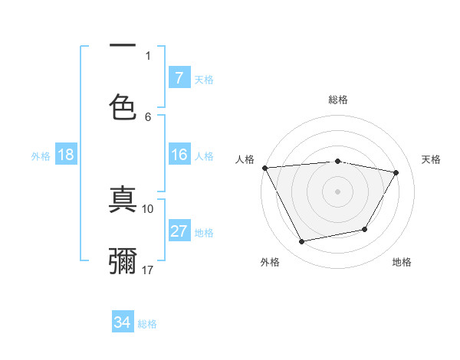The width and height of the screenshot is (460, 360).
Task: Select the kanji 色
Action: pos(123,106)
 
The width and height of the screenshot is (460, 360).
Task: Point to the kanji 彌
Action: pos(123,261)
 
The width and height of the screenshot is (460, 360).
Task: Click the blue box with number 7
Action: pos(179,78)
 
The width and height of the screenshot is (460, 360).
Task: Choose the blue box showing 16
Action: pos(179,155)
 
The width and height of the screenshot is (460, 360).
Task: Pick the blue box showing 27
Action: pos(179,231)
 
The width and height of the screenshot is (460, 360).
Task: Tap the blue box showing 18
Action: pos(66,155)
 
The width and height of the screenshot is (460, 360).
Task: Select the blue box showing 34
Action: pos(123,323)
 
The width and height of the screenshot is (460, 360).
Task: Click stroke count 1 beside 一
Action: pos(148,55)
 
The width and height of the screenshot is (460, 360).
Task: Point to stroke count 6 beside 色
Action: pos(148,116)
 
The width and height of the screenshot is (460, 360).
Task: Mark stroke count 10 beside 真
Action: pos(148,208)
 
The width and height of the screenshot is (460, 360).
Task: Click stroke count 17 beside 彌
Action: pos(148,270)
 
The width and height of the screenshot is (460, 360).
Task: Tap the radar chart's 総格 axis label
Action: pos(338,100)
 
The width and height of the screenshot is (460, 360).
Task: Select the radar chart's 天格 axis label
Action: pos(432,159)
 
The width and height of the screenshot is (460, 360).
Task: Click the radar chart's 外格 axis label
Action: pos(270,262)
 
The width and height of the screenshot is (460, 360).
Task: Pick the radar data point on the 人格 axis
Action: pos(264,168)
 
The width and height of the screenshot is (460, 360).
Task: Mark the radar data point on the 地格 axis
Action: pos(365,229)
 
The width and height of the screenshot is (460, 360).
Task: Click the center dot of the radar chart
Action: pos(338,191)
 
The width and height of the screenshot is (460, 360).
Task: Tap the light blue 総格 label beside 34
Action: pos(147,324)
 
